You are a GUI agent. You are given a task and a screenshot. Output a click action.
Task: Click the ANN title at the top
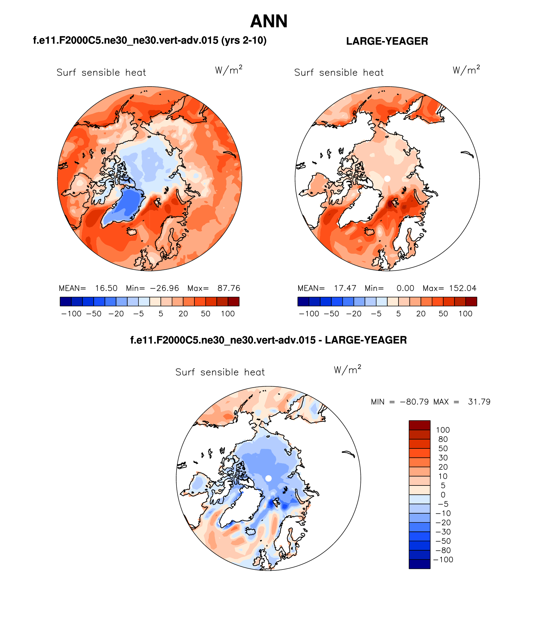269,21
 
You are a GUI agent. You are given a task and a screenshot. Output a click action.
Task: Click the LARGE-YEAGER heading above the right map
387,41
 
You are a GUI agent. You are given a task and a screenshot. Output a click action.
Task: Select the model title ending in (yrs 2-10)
150,40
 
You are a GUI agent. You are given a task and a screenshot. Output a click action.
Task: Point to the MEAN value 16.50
106,288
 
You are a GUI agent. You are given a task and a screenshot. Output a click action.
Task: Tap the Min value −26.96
164,288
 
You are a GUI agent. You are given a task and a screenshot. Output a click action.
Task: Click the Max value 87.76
229,288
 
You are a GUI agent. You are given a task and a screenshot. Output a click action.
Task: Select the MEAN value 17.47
345,288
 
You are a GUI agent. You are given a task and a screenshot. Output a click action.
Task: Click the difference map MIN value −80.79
414,402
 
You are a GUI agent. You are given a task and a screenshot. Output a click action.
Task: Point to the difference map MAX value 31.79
479,402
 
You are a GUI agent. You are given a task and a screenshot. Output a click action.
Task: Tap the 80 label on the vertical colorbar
443,439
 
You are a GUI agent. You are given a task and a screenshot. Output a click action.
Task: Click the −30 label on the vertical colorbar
443,532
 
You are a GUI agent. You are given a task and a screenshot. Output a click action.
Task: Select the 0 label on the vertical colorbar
443,495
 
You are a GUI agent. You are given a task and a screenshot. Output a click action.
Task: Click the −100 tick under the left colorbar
71,314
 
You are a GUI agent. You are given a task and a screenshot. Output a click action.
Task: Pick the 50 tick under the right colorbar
443,314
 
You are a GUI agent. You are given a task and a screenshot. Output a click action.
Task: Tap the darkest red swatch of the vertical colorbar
419,425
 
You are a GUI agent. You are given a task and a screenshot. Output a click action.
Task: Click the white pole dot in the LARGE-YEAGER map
387,178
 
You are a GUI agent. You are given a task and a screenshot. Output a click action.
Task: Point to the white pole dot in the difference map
268,478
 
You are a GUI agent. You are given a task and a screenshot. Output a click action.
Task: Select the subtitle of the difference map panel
268,340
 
